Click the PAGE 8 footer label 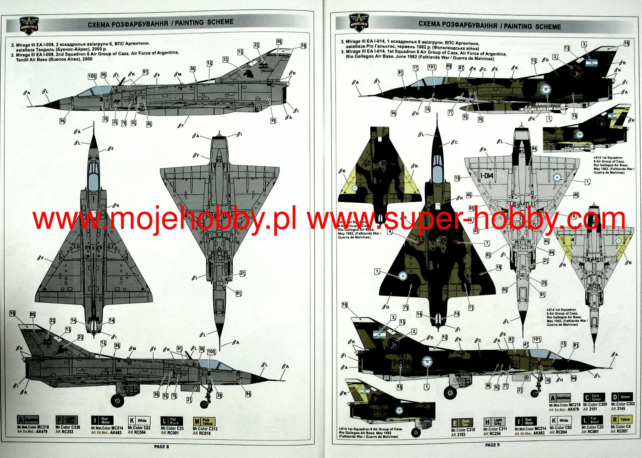click(161, 446)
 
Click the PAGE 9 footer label click(492, 445)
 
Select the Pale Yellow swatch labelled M click(204, 422)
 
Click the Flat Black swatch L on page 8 click(171, 421)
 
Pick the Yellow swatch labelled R click(621, 420)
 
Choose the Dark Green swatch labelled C click(594, 397)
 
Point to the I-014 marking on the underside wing click(487, 175)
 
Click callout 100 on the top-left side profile click(92, 76)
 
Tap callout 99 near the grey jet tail click(273, 120)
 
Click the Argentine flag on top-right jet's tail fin click(592, 62)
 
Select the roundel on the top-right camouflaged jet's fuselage click(546, 89)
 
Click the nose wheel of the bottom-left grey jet click(205, 404)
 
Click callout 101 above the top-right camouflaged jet click(431, 67)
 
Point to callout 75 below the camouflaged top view click(406, 307)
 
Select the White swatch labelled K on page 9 click(560, 421)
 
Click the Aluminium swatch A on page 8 click(28, 420)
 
